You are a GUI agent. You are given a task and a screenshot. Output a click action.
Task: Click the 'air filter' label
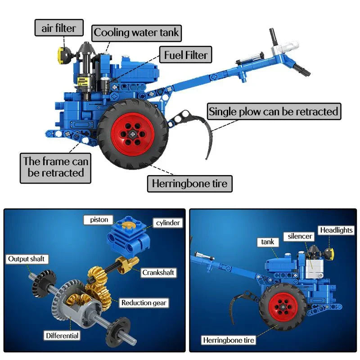tap(59, 28)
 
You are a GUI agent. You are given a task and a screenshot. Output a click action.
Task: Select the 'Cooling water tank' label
tap(136, 33)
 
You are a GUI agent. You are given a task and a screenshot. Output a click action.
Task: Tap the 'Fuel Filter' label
tap(185, 55)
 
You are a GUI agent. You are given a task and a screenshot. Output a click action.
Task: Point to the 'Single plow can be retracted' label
tap(273, 111)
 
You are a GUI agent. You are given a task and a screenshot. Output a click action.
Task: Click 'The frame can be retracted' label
tap(56, 167)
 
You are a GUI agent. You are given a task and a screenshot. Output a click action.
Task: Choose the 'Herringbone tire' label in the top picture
tap(189, 184)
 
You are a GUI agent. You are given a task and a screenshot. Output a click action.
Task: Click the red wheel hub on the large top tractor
tap(133, 134)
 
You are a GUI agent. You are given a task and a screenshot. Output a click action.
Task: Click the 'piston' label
tap(99, 220)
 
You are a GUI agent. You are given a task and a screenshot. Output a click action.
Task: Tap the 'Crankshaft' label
tap(158, 272)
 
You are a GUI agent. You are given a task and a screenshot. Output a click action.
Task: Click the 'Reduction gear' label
tap(144, 302)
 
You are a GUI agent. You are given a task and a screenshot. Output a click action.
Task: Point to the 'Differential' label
tap(62, 335)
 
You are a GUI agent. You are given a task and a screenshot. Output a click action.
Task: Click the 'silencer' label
tap(300, 236)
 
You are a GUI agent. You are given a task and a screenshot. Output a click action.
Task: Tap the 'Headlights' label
tap(336, 230)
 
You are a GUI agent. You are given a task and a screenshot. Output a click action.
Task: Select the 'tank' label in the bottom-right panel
tap(268, 242)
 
